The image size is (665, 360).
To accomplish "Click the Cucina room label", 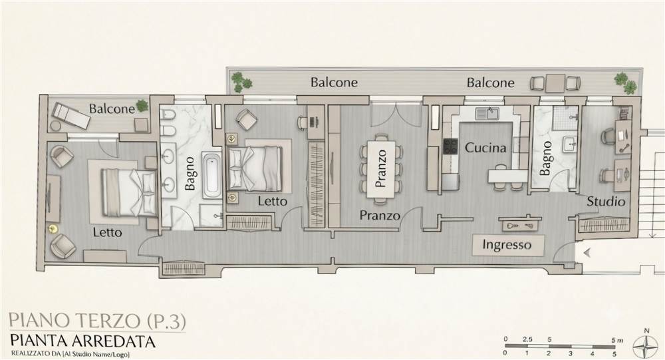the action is (485, 148).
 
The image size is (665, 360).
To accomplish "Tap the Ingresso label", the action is (507, 245).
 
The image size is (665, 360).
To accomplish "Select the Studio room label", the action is (606, 201).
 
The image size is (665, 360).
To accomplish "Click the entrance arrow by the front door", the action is (587, 253).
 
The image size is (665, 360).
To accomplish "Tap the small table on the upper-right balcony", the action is (555, 83).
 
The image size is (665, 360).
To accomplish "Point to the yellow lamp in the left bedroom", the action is (53, 228).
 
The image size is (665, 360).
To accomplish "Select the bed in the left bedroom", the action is (128, 192).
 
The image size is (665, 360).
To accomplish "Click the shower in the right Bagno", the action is (566, 116).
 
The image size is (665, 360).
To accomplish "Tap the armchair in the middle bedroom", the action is (247, 119).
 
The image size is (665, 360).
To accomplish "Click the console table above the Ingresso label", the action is (521, 224).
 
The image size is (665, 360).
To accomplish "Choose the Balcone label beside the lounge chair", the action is (112, 109).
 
